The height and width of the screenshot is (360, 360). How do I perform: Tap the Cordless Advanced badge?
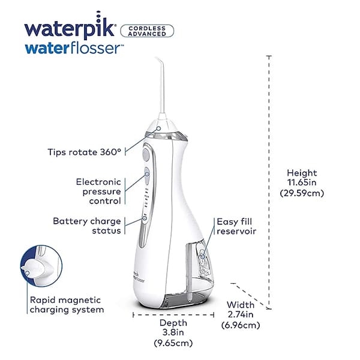click(148, 31)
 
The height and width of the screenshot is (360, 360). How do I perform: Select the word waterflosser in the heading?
click(82, 49)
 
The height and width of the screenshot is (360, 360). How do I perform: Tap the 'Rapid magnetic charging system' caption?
click(66, 305)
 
